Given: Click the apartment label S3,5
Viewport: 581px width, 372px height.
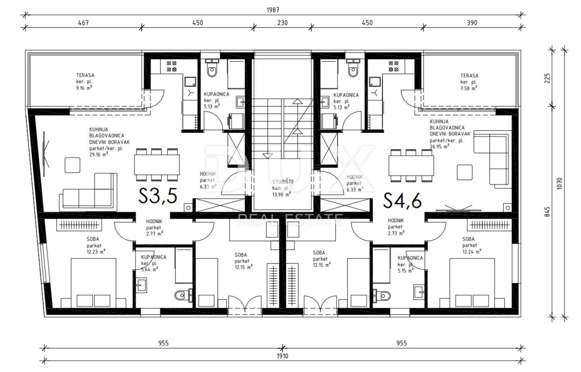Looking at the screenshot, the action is (x=158, y=196).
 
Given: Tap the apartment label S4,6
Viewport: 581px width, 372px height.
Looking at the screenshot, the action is (x=402, y=200).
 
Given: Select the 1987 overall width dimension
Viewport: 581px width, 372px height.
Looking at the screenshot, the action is (x=273, y=10).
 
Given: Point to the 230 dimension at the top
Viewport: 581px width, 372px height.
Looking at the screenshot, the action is (x=282, y=23).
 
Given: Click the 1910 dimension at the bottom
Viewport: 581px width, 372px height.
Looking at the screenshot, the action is (x=282, y=356).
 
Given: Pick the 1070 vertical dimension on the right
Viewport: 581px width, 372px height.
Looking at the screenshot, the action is (x=559, y=183).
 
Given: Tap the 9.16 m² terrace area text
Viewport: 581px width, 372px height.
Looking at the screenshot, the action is (x=84, y=88).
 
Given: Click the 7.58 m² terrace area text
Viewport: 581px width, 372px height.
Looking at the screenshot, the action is (x=469, y=88).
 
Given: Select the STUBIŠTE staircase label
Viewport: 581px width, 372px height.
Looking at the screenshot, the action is (x=283, y=182).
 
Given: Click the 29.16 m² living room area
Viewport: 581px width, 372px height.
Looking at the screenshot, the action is (x=98, y=155).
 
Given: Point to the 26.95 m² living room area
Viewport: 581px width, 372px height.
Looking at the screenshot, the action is (x=439, y=146).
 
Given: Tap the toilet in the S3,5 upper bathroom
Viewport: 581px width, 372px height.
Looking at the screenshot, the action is (x=212, y=68).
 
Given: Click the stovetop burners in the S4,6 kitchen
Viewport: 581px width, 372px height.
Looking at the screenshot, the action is (x=394, y=66).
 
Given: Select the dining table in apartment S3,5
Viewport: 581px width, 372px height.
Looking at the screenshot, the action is (x=157, y=165).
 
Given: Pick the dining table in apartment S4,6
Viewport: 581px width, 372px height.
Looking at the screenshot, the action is (x=411, y=165).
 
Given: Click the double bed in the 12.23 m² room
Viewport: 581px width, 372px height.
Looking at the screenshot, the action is (x=93, y=283).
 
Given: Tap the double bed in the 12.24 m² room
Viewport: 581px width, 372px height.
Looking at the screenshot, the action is (x=472, y=283).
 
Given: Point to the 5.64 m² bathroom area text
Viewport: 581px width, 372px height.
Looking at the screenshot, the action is (x=150, y=270).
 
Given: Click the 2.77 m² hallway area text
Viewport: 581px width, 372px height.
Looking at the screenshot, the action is (x=155, y=234).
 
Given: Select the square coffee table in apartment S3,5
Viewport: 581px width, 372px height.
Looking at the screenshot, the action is (x=72, y=165).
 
